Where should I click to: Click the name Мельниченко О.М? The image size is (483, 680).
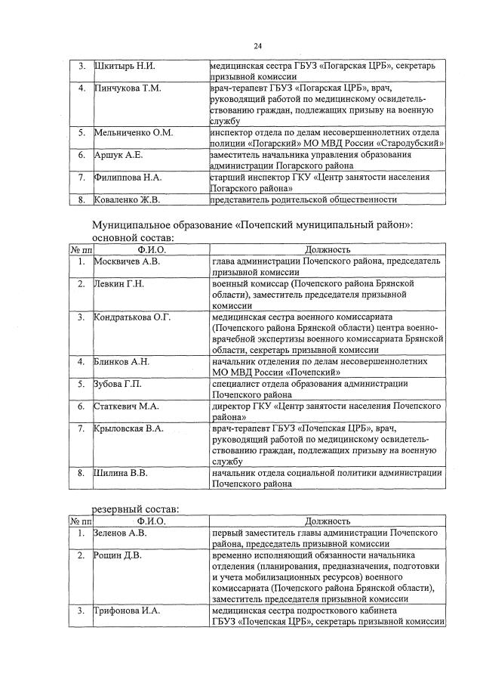point(134,132)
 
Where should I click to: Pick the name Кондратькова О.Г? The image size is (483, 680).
point(132,317)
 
